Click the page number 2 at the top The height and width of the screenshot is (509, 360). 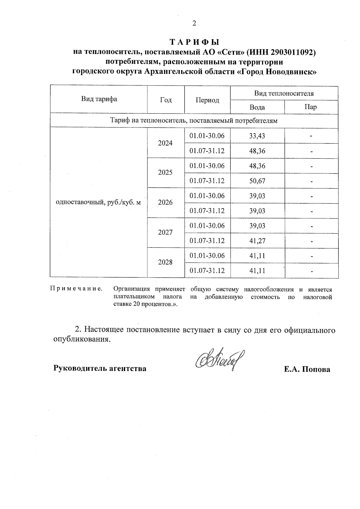pos(194,23)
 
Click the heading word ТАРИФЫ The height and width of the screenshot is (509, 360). pos(195,42)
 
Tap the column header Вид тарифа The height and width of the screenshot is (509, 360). pos(99,99)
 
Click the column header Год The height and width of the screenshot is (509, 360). pos(166,100)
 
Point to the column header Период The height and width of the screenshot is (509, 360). pos(207,100)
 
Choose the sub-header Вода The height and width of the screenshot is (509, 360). pos(257,107)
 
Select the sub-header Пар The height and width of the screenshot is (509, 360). pos(310,107)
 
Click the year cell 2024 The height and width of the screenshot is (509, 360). pos(165,143)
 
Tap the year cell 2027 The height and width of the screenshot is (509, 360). pos(165,233)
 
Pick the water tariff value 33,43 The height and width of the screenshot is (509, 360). pos(257,136)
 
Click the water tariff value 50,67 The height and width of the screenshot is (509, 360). pos(257,181)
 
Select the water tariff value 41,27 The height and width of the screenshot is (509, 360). pos(257,241)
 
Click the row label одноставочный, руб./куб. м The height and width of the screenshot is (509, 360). pos(98,202)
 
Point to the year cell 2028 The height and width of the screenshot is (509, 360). pos(165,263)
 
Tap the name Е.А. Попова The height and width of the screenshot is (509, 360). pos(307,369)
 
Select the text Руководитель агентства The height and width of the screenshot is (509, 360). pos(100,368)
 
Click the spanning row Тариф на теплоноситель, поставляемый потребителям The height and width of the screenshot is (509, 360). pos(194,121)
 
